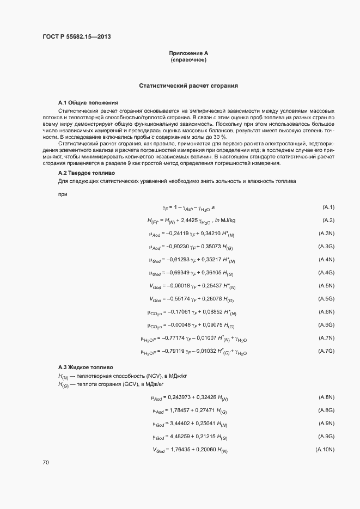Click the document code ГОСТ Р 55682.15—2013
point(77,37)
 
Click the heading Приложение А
point(188,53)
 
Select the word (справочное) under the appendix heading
point(188,60)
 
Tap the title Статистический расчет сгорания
point(188,86)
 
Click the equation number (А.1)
point(328,207)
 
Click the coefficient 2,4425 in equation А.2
point(188,220)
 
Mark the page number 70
point(46,462)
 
